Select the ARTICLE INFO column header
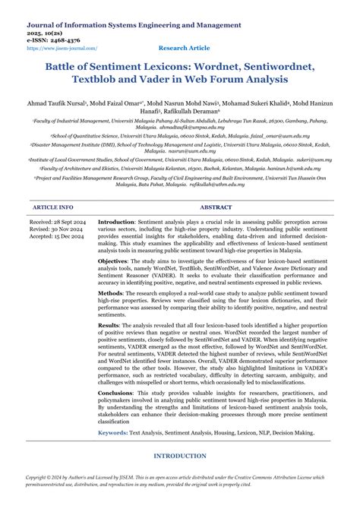[53, 207]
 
